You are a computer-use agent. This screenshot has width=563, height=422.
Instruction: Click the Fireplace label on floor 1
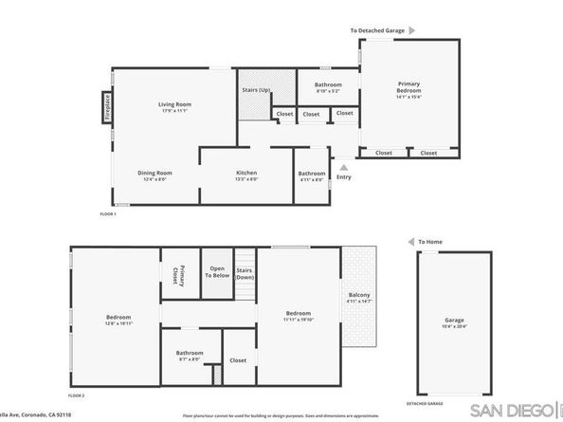107,107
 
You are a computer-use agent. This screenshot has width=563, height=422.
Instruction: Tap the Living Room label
174,107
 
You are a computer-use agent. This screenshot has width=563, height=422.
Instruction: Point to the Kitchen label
246,174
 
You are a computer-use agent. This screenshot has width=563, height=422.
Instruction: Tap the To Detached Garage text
377,30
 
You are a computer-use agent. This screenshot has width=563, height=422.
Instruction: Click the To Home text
429,242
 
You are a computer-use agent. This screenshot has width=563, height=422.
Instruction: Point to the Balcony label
359,298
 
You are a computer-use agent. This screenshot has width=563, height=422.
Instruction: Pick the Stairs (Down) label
244,273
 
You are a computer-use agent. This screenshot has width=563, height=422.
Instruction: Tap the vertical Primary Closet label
175,274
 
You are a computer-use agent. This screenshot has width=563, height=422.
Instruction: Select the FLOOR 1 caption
107,214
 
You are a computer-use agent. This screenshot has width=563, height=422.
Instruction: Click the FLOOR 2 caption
77,394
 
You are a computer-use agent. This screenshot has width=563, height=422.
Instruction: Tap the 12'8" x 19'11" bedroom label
118,320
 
